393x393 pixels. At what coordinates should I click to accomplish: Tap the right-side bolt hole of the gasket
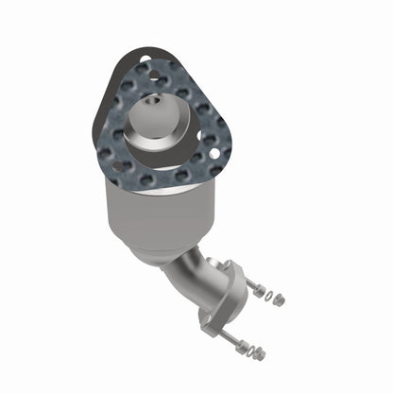tap(215, 151)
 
